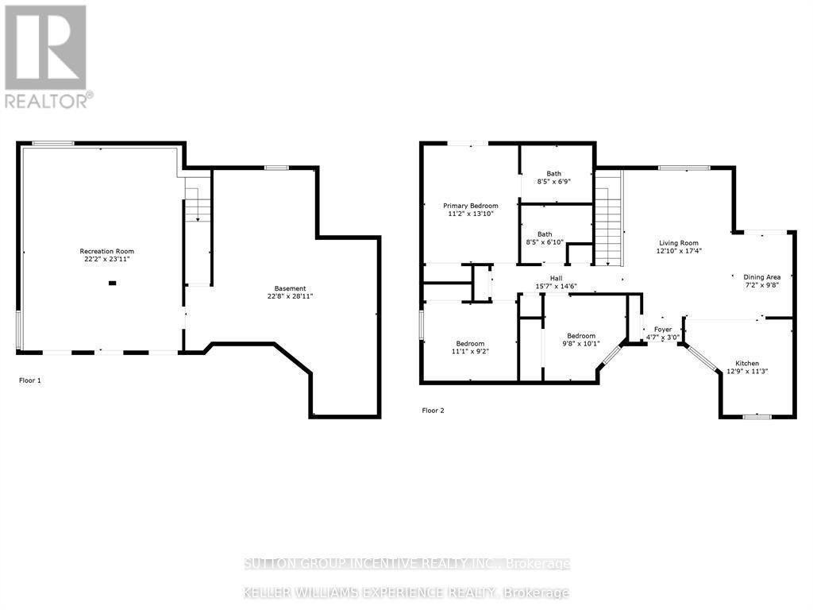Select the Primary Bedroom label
[x=471, y=206]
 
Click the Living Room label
[x=678, y=243]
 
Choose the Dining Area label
[x=761, y=277]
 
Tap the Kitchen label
[x=747, y=363]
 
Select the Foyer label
[x=662, y=329]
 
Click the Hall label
[x=556, y=277]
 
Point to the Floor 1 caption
[x=30, y=380]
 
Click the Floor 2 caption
[x=433, y=411]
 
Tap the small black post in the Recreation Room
[x=112, y=283]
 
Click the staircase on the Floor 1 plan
[x=198, y=203]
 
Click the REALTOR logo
[x=47, y=56]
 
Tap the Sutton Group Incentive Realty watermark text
[x=407, y=564]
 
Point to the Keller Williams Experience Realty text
[x=407, y=593]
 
